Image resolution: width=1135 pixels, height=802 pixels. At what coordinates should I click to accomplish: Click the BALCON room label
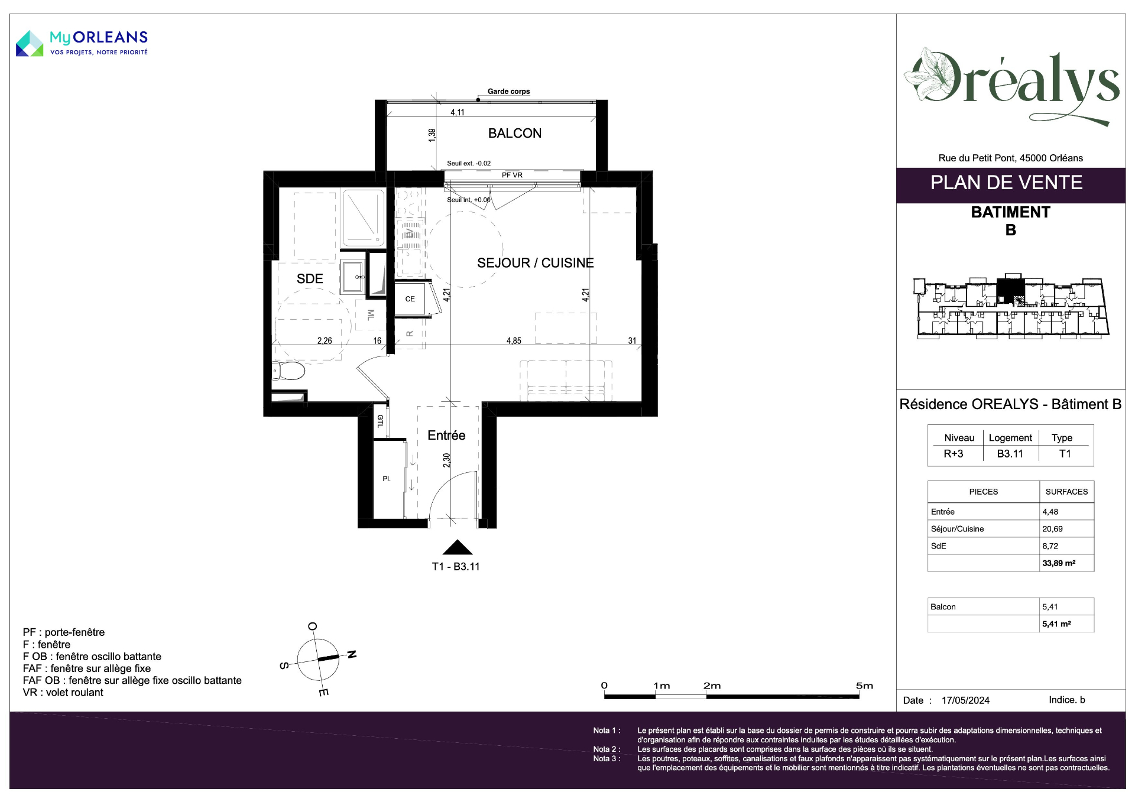tap(514, 134)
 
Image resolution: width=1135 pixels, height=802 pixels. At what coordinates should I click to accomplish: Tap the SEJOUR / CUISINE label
tap(535, 263)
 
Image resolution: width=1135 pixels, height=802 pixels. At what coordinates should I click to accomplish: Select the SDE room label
tap(310, 279)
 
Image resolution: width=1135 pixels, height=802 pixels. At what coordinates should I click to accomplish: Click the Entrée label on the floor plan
tap(446, 436)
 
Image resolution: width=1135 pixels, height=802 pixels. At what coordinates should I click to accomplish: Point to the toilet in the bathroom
tap(288, 371)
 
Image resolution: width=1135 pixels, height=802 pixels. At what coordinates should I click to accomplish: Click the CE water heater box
tap(410, 299)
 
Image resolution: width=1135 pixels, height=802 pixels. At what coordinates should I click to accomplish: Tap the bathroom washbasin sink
tap(353, 277)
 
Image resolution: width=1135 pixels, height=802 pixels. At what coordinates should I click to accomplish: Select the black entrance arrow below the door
tap(457, 547)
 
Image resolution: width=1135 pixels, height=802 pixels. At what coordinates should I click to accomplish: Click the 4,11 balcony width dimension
tap(458, 112)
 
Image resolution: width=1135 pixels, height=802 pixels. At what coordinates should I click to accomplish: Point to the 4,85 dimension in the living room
tap(514, 341)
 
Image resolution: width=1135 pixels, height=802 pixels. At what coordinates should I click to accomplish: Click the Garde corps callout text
tap(508, 92)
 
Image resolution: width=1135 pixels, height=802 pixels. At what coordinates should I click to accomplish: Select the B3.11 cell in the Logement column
tap(1010, 454)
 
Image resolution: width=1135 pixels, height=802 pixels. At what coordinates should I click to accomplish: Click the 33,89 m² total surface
tap(1059, 563)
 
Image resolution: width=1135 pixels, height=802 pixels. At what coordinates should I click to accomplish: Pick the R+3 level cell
tap(954, 454)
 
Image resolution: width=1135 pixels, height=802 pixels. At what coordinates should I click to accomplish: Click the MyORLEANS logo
tap(82, 43)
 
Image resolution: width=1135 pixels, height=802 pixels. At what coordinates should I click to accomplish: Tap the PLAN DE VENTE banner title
tap(1006, 183)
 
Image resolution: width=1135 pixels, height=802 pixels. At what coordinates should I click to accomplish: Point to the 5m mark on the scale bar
tap(864, 686)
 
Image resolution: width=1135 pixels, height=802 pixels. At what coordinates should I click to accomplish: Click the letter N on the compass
tap(352, 654)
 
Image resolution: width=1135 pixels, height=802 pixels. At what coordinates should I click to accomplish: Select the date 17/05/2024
tap(965, 700)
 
